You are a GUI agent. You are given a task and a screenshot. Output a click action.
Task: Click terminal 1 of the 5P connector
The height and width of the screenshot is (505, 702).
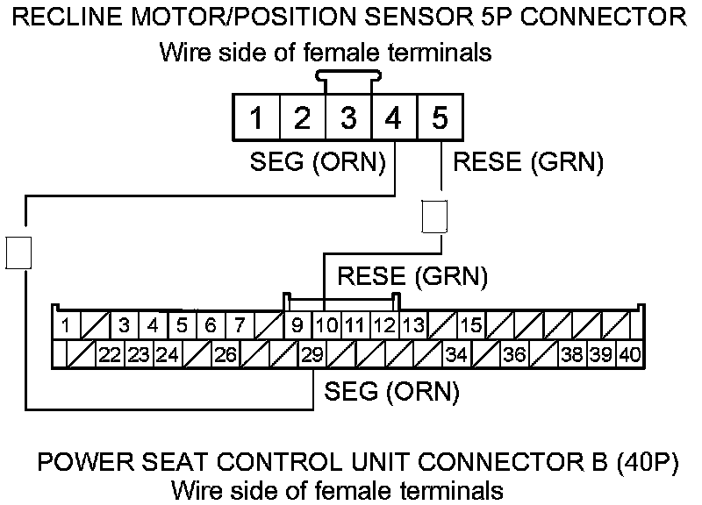pos(256,117)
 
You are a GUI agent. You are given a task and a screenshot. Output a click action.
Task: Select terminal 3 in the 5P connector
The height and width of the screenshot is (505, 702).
pos(348,117)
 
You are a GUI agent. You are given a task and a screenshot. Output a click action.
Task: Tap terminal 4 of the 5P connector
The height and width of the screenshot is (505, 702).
pos(394,117)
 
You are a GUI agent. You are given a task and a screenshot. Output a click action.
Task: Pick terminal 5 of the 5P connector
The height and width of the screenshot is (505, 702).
pos(440,117)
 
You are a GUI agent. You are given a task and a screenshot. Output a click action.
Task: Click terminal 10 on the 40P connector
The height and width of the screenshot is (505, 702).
pos(327,325)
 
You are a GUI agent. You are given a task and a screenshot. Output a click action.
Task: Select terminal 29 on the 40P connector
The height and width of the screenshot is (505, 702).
pos(312,355)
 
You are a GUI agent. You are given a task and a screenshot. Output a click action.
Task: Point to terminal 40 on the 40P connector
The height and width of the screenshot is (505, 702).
pos(630,355)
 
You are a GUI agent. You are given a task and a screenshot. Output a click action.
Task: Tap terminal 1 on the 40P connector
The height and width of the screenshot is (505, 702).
pos(67,325)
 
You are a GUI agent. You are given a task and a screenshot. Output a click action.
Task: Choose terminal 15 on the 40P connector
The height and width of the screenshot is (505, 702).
pos(471,325)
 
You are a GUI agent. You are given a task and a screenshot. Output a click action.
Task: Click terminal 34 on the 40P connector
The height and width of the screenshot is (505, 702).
pos(456,355)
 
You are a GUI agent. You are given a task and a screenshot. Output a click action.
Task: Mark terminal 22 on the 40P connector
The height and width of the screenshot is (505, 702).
pos(110,355)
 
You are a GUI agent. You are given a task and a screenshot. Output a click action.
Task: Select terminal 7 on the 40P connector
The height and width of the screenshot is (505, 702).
pos(239,325)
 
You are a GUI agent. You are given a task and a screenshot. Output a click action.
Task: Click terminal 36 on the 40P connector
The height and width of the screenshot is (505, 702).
pos(514,355)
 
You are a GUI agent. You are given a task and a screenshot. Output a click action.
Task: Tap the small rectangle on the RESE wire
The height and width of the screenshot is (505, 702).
pos(435,217)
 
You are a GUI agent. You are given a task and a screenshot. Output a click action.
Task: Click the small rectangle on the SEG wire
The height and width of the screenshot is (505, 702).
pos(18,252)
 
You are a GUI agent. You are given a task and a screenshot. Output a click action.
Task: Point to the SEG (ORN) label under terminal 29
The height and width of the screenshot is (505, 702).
pos(391,391)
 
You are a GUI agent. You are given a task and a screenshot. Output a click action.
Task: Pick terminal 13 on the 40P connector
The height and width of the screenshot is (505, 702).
pos(413,325)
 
